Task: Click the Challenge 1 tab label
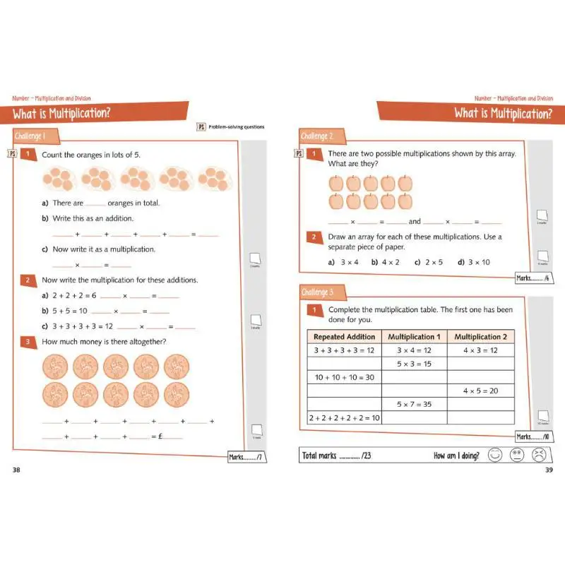pyautogui.click(x=30, y=136)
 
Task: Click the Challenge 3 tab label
pyautogui.click(x=317, y=292)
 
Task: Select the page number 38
pyautogui.click(x=18, y=470)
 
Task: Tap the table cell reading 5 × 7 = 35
pyautogui.click(x=414, y=404)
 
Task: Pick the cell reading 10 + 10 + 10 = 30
pyautogui.click(x=344, y=377)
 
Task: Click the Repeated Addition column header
pyautogui.click(x=344, y=337)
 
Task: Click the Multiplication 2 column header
pyautogui.click(x=480, y=337)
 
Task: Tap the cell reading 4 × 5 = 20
pyautogui.click(x=480, y=391)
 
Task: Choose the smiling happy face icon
pyautogui.click(x=495, y=456)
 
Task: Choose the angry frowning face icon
pyautogui.click(x=540, y=456)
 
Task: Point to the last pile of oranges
pyautogui.click(x=212, y=179)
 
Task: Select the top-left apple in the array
pyautogui.click(x=336, y=184)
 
